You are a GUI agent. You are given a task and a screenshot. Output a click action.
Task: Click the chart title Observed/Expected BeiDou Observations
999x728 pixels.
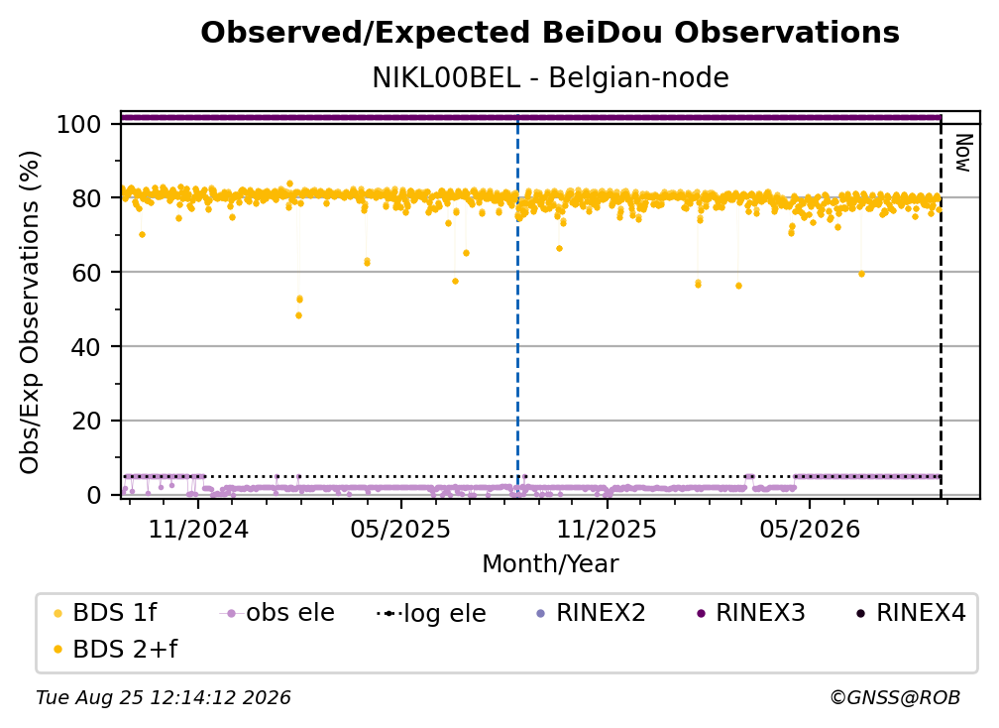(x=550, y=33)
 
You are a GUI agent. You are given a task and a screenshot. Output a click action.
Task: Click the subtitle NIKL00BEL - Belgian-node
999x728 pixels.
(x=550, y=78)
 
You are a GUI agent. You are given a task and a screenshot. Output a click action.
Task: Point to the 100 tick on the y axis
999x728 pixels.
(x=79, y=124)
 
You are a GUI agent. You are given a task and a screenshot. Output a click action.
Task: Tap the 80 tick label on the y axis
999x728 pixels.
(x=86, y=198)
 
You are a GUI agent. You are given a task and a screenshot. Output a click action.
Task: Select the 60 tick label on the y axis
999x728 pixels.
(x=86, y=272)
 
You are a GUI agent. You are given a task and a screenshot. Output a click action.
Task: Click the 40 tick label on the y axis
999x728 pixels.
(x=86, y=347)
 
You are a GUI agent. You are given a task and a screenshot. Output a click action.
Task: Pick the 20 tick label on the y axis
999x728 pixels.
(x=86, y=421)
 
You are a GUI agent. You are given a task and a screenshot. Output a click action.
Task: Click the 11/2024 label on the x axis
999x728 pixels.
(x=198, y=529)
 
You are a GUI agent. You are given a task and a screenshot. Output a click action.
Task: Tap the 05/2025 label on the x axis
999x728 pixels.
(x=400, y=529)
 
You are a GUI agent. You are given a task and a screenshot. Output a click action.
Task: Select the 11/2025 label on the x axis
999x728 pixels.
(x=607, y=529)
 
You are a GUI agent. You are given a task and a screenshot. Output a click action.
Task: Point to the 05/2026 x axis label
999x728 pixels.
(x=809, y=529)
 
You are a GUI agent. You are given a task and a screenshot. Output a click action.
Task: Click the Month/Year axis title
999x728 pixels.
(x=550, y=564)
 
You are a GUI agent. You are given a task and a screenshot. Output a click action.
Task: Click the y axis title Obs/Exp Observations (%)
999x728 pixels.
(x=30, y=312)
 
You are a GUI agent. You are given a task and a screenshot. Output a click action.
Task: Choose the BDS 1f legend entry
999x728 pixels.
(x=105, y=613)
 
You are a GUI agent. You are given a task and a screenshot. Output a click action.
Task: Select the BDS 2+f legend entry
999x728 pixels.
(x=115, y=649)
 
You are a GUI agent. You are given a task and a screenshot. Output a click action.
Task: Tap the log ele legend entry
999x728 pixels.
(x=431, y=613)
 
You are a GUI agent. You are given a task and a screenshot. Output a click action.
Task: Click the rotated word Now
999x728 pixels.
(x=963, y=153)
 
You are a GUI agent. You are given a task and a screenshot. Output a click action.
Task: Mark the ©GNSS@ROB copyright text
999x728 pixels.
(x=895, y=697)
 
